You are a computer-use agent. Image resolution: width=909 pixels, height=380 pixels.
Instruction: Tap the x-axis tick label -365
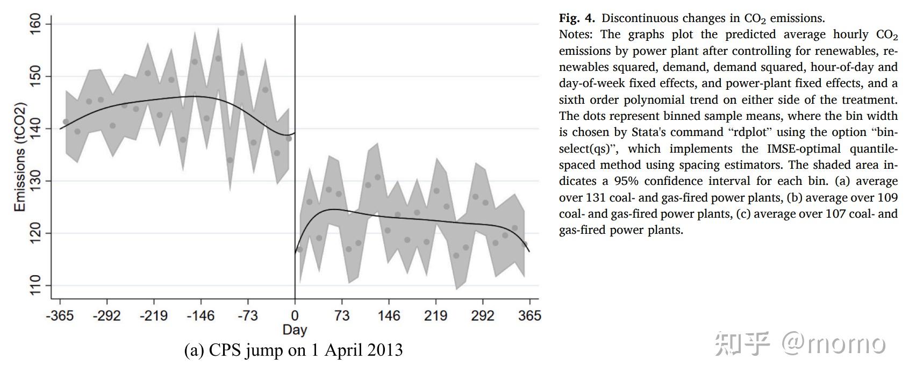(x=60, y=316)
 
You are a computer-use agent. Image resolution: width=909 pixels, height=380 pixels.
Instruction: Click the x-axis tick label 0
(x=295, y=316)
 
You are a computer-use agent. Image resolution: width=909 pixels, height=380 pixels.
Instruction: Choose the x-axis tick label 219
(x=435, y=316)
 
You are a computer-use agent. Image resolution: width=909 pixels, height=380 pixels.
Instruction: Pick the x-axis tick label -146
(x=201, y=316)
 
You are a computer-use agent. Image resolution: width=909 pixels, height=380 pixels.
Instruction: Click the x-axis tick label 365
(x=529, y=316)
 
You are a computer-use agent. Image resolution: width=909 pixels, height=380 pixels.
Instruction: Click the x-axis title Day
(x=295, y=329)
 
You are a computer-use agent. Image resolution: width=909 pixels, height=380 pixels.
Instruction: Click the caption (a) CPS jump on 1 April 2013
(x=294, y=350)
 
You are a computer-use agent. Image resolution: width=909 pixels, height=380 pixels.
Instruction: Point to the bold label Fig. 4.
(x=577, y=18)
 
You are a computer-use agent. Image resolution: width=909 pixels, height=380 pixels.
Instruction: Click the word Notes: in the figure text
(x=576, y=34)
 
